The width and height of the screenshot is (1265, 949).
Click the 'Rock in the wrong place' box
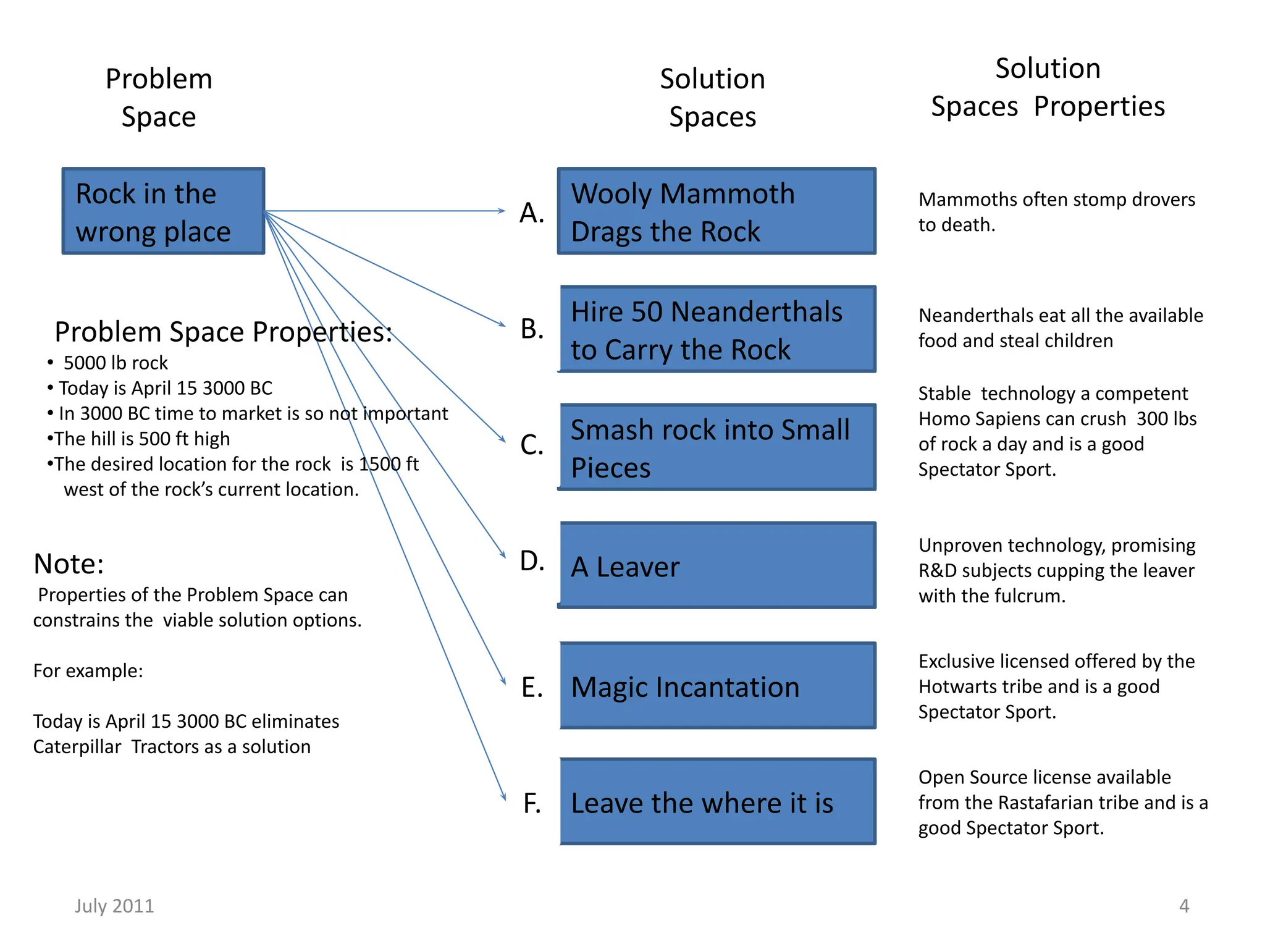(x=163, y=211)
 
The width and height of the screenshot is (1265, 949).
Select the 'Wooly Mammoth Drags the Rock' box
(x=717, y=211)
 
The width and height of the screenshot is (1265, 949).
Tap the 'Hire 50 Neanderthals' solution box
(x=718, y=329)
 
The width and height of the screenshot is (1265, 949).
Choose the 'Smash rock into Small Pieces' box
(x=718, y=447)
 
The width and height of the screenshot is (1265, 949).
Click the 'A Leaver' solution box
(x=718, y=565)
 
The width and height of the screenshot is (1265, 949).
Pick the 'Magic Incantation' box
(x=718, y=686)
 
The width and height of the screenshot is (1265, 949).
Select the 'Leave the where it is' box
(x=718, y=802)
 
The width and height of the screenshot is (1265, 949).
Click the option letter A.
(x=531, y=213)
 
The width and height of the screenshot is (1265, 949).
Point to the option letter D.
(x=531, y=561)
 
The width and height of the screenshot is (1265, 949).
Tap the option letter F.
(x=531, y=803)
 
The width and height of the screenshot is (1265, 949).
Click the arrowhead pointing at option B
(x=502, y=324)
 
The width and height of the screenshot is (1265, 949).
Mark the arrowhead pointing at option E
(x=503, y=681)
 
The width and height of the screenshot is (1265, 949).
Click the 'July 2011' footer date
(x=114, y=906)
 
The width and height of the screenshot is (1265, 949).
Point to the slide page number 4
(x=1183, y=906)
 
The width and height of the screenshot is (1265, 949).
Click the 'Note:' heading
(x=69, y=563)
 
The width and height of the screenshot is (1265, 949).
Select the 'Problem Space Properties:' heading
(x=223, y=332)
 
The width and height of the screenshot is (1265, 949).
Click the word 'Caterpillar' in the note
(x=77, y=747)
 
